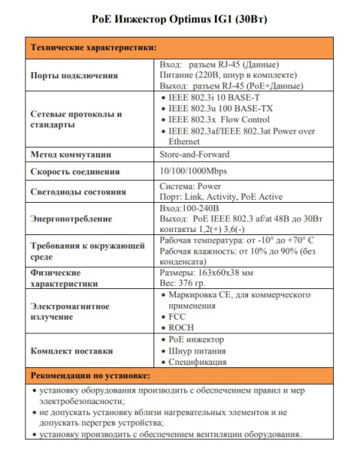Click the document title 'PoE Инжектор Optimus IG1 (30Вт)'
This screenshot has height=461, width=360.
coord(179,16)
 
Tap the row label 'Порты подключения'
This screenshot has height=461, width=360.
coord(74,75)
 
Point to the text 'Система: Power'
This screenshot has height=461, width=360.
coord(188,187)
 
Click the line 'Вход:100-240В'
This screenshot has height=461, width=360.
coord(189,207)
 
